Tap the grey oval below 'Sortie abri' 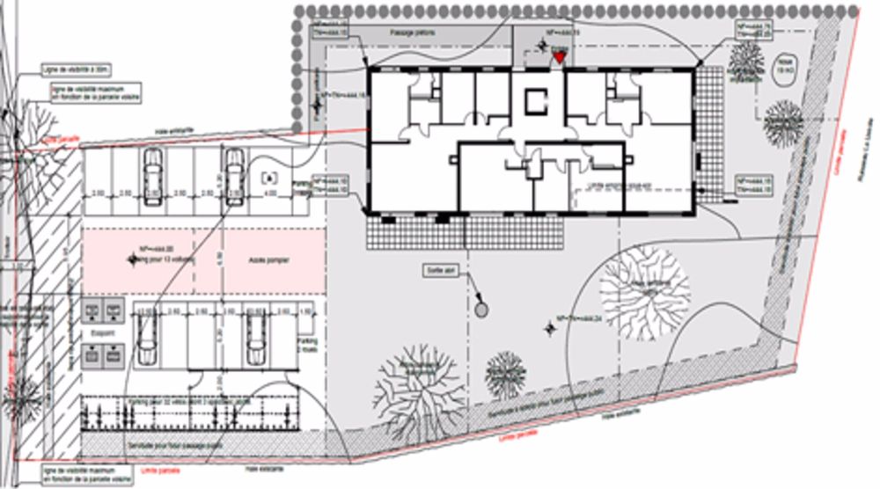click(480, 309)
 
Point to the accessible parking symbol click(269, 176)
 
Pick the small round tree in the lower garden click(505, 374)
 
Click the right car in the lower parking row click(255, 339)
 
